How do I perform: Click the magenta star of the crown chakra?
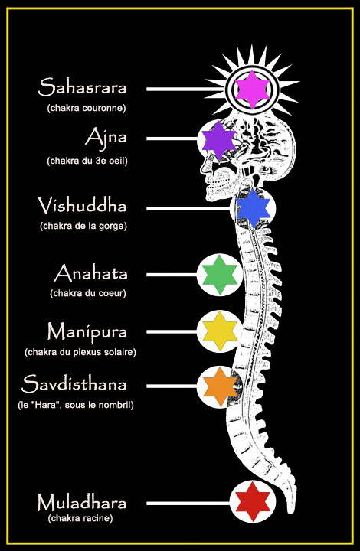tap(253, 90)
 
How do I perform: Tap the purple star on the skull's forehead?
tap(218, 141)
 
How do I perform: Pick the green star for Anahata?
tap(220, 275)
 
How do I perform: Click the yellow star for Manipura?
tap(221, 331)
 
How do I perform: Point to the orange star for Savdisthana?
tap(221, 386)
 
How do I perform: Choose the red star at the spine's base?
tap(253, 501)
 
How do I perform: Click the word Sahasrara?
tap(82, 87)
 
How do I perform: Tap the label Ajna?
tap(106, 138)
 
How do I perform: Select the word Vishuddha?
tap(82, 205)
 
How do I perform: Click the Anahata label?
tap(90, 273)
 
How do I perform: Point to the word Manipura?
tap(87, 332)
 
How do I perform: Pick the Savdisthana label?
tap(74, 383)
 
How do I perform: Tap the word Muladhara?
tap(81, 503)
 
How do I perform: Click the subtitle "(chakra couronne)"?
tap(87, 108)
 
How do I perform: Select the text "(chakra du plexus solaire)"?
tap(80, 352)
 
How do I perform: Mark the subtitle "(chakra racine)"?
tap(80, 518)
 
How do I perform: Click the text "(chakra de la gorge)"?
tap(83, 226)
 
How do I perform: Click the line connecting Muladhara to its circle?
tap(188, 504)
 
